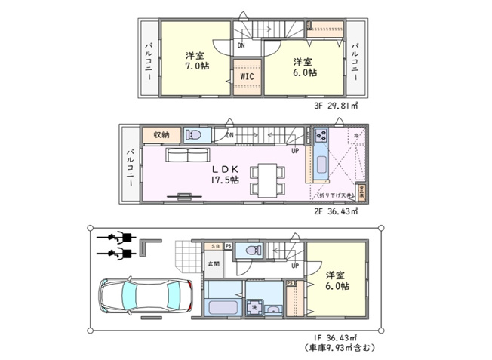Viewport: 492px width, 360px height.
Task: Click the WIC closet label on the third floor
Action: (247, 76)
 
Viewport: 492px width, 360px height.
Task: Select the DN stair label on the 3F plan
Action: (240, 45)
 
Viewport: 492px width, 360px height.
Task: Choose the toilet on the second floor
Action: (192, 136)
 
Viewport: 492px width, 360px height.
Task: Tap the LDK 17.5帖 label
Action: (224, 174)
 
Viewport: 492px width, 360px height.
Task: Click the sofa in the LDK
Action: (189, 155)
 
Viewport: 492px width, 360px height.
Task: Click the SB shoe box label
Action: (215, 247)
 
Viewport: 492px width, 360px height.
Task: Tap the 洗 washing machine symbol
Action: (255, 307)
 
